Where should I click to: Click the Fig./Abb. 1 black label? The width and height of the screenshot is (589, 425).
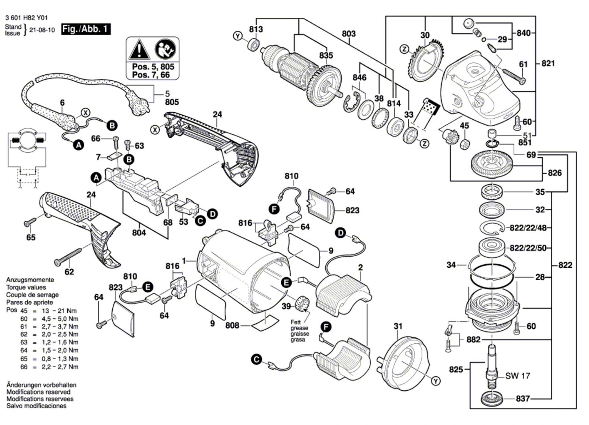click(x=86, y=29)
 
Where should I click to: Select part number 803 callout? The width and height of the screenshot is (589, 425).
click(x=348, y=34)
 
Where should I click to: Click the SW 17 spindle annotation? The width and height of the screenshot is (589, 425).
click(x=517, y=376)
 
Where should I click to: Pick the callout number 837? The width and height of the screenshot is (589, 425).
click(x=522, y=398)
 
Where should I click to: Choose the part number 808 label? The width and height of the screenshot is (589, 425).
click(x=232, y=325)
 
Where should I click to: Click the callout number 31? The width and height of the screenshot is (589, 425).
click(x=398, y=326)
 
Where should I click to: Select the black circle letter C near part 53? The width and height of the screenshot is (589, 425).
click(x=200, y=221)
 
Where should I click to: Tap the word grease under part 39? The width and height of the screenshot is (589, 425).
click(x=299, y=328)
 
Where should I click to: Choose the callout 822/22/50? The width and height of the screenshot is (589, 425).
click(x=528, y=247)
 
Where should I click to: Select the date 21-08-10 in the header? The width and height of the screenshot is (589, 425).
click(x=43, y=30)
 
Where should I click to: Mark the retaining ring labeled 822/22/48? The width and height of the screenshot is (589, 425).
click(x=491, y=229)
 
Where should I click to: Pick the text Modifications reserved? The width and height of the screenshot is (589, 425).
click(x=38, y=392)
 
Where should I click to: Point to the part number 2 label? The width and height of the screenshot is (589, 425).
click(x=360, y=267)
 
